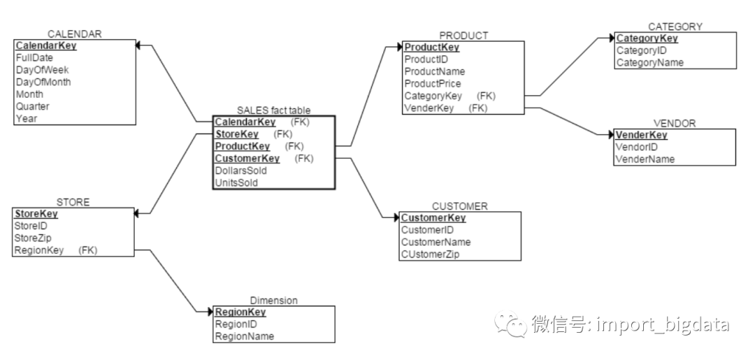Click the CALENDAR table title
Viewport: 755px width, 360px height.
[75, 34]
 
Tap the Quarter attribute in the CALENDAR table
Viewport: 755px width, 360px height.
[32, 106]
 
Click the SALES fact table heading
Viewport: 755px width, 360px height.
[274, 110]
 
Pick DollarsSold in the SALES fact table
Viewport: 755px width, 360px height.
[240, 171]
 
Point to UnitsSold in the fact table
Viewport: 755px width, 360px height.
[236, 182]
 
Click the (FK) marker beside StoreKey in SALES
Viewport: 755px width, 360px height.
[282, 134]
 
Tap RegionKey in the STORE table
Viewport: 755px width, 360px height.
[39, 250]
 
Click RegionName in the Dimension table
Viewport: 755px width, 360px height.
[245, 336]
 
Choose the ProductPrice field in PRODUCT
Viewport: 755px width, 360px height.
[433, 83]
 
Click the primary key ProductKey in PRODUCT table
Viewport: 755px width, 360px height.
[432, 47]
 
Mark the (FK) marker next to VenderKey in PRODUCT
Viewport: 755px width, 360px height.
[478, 108]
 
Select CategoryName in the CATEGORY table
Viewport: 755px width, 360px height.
[649, 63]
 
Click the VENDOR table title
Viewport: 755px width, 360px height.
[674, 123]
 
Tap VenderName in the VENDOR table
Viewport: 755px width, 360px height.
[645, 159]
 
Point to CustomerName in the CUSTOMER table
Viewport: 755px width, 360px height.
[436, 242]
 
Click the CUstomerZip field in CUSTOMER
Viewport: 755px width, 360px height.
[430, 254]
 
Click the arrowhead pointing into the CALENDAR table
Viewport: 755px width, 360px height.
[138, 45]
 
